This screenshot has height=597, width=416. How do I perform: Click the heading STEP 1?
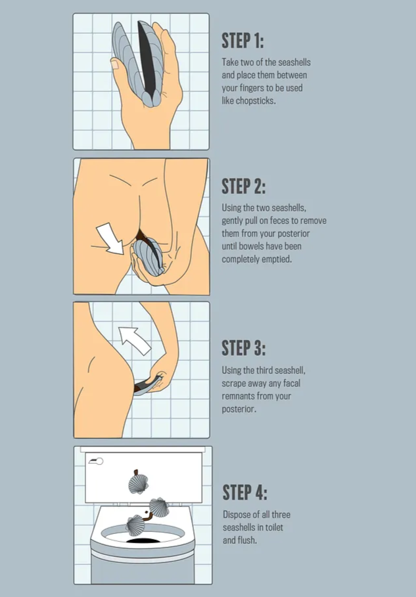click(243, 41)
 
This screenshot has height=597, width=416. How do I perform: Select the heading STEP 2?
click(243, 186)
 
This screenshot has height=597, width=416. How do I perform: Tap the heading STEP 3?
click(243, 347)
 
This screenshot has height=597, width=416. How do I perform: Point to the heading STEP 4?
click(245, 493)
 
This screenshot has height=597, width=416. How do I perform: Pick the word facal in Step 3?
click(292, 383)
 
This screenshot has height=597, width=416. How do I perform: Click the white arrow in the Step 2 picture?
click(110, 238)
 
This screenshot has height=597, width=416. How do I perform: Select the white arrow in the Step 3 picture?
click(135, 341)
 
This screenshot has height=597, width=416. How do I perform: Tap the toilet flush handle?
click(96, 462)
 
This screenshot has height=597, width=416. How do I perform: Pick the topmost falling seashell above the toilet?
click(138, 483)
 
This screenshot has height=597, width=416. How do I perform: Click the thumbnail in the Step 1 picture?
click(115, 64)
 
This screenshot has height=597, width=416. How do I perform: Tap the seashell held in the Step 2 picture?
click(147, 257)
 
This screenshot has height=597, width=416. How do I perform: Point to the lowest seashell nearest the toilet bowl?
click(135, 525)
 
